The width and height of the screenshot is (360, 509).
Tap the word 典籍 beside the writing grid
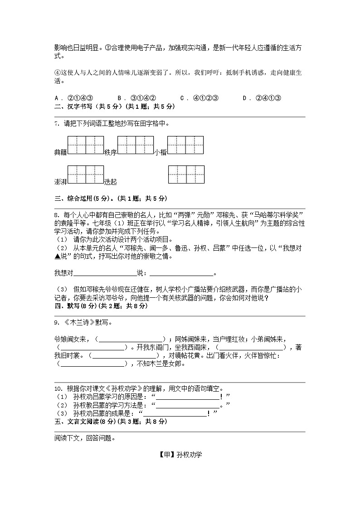(x=60, y=153)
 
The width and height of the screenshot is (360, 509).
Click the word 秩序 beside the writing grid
(x=110, y=153)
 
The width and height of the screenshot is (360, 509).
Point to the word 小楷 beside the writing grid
(x=161, y=153)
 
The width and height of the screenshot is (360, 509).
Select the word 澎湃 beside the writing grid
(x=60, y=182)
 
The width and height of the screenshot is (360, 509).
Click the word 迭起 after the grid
(x=110, y=182)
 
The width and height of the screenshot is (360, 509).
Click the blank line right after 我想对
(x=104, y=273)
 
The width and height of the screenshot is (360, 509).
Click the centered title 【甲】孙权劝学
(x=180, y=455)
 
